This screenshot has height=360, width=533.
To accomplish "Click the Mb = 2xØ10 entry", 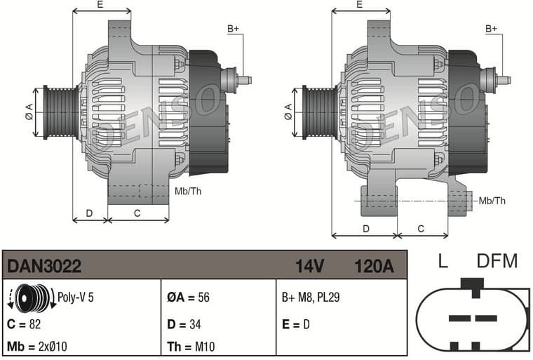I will [x=36, y=347].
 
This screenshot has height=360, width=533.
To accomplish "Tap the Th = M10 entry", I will [x=189, y=347].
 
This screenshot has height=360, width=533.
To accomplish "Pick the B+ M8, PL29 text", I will [x=311, y=298].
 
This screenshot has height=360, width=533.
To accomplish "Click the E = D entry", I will [x=296, y=324].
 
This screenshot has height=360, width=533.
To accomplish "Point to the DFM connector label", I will [x=497, y=262].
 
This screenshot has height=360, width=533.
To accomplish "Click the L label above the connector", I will [x=443, y=262].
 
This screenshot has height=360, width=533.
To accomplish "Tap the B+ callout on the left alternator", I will [x=234, y=29].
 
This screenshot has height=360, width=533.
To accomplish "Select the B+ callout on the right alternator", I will [x=492, y=29].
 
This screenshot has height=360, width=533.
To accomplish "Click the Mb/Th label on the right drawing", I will [x=492, y=201].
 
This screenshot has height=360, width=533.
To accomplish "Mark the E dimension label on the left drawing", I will [x=101, y=5].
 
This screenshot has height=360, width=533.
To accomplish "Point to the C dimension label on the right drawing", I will [x=421, y=229].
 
